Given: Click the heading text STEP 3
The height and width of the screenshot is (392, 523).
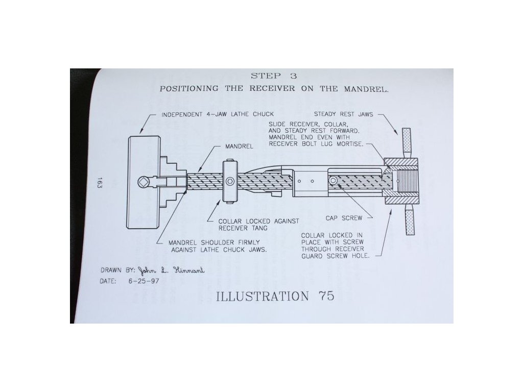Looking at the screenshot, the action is click(x=274, y=76).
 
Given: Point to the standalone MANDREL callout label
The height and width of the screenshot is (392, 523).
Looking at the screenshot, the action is click(x=239, y=146).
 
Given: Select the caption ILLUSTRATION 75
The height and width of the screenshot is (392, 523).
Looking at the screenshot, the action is click(x=275, y=296).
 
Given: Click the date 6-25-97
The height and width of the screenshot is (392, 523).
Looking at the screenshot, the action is click(x=145, y=280).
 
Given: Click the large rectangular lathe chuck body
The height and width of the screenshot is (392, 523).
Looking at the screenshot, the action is click(x=142, y=182).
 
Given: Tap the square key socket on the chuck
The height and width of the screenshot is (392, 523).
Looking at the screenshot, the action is click(x=144, y=182).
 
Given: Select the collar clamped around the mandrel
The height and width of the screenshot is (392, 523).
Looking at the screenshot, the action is click(x=230, y=182).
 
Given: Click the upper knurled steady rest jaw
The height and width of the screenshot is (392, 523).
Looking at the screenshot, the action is click(x=407, y=144).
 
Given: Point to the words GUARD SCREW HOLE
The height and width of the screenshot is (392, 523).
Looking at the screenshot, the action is click(x=347, y=256).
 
